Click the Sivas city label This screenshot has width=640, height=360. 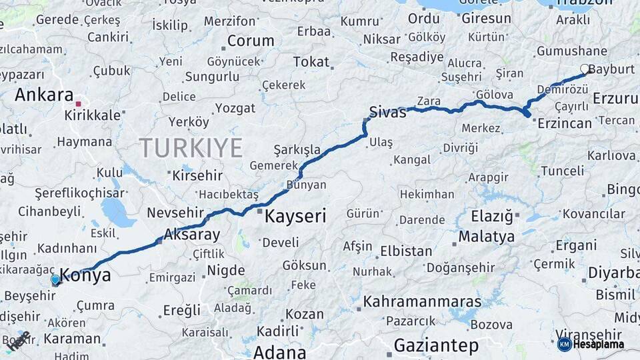tap(387, 112)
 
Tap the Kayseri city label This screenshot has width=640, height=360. tap(295, 216)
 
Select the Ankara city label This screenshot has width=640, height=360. tap(44, 95)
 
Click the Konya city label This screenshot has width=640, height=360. tap(85, 275)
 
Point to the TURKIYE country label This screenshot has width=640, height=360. tap(191, 147)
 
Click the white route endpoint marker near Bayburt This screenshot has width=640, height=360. tap(585, 69)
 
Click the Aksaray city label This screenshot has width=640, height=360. tap(191, 235)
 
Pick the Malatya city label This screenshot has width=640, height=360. tap(487, 237)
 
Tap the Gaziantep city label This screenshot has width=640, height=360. tap(436, 346)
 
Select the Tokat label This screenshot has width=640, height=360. tap(311, 62)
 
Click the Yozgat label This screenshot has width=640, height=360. tap(236, 108)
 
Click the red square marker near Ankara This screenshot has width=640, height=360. tap(78, 104)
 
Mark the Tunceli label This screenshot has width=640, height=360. tap(561, 171)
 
